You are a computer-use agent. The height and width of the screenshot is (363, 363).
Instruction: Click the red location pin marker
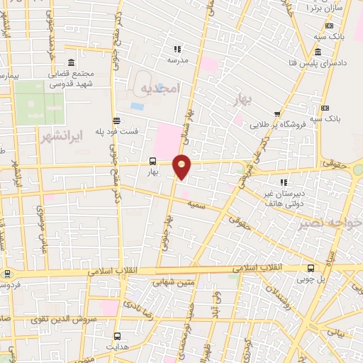182,166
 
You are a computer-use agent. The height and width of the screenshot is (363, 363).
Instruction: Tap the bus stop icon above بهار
152,160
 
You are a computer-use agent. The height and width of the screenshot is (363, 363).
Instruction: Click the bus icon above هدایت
117,335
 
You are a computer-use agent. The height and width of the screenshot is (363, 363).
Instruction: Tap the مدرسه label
177,61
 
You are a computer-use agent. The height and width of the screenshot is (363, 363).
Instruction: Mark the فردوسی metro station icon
7,274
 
